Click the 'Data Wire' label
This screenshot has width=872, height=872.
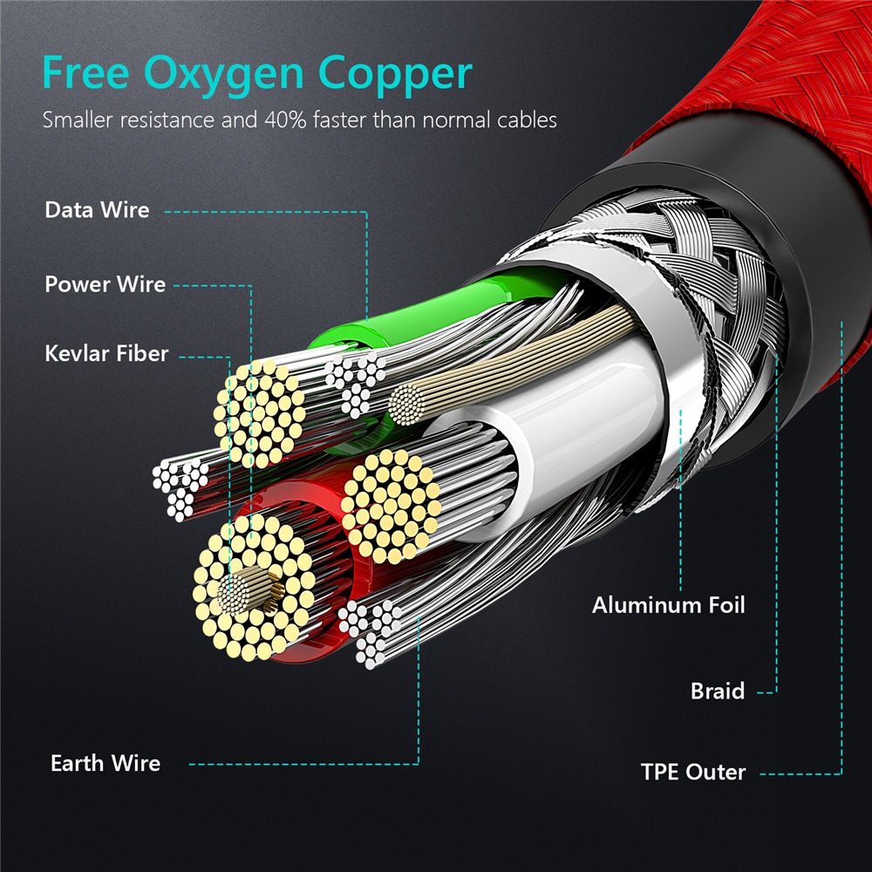[x=97, y=210]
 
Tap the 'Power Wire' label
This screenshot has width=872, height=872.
[x=105, y=284]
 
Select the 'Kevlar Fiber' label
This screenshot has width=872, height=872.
[x=106, y=354]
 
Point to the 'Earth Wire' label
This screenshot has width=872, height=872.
[x=106, y=763]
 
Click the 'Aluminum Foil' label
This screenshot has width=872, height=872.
[x=669, y=604]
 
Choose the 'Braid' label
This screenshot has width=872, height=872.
[x=718, y=691]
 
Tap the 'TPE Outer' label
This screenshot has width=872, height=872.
[x=693, y=772]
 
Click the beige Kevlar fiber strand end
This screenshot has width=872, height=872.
[x=405, y=404]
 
